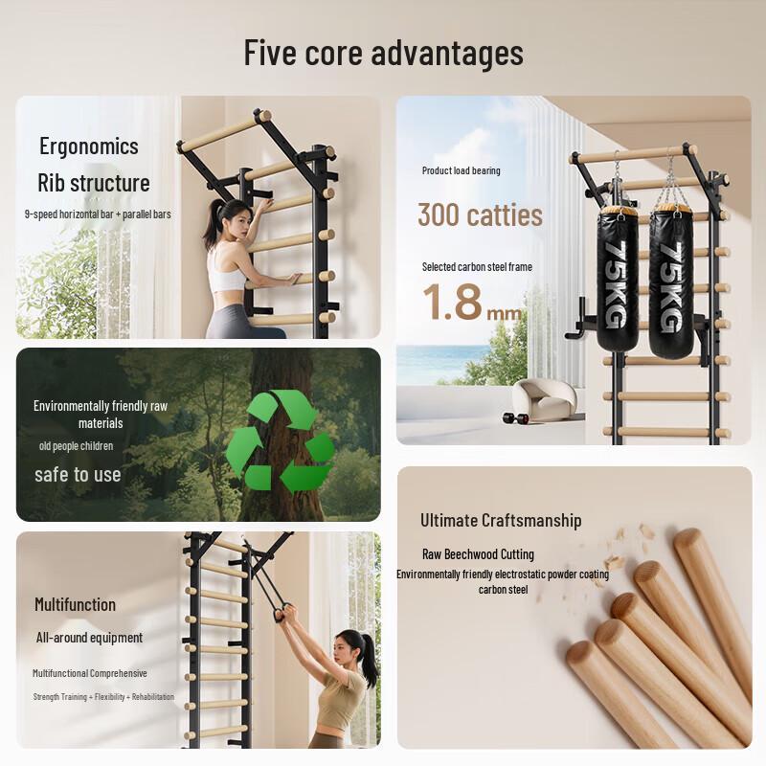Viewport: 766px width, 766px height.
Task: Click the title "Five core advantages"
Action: tap(383, 52)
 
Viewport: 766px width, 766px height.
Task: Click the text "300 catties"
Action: tap(480, 214)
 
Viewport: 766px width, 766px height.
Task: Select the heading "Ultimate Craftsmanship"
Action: tap(501, 520)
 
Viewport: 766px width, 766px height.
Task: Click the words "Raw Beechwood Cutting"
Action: tap(478, 553)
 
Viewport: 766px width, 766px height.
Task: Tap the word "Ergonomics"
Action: tap(89, 146)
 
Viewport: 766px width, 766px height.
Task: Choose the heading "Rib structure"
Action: tap(94, 182)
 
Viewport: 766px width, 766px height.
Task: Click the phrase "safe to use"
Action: tap(78, 474)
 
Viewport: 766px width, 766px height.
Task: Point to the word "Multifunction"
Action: tap(75, 604)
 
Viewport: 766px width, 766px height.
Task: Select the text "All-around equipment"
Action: tap(89, 638)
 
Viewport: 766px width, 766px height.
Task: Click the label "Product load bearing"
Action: tap(461, 170)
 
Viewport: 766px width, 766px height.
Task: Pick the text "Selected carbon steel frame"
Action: tap(477, 267)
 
